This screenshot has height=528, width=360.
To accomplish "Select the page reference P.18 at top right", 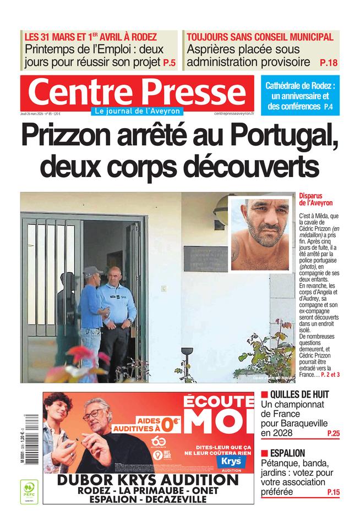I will point(328,63).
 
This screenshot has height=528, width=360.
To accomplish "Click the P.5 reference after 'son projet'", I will point(170,63).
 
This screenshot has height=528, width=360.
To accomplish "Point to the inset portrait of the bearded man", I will point(260,234).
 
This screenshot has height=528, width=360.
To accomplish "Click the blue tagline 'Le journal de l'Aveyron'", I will point(137,111).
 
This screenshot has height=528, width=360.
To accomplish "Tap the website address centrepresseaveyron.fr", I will point(234,113).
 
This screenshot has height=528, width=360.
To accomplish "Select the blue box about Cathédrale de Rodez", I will point(300,96).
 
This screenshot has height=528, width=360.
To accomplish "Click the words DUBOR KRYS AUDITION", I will point(148,480).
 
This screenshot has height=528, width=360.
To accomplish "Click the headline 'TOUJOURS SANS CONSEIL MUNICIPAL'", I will point(260,37).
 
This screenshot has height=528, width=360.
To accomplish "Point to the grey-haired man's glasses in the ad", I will point(94,414).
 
